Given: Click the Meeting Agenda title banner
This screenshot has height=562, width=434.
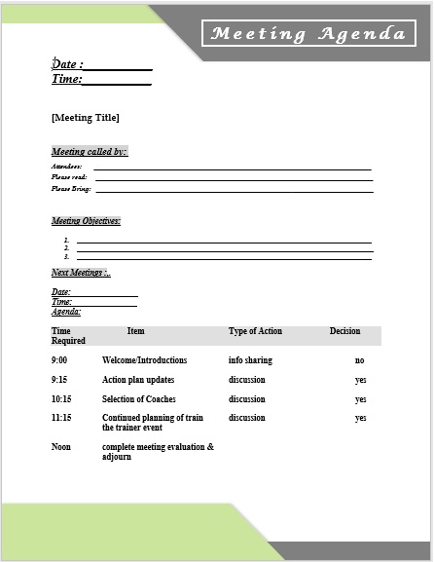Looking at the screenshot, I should click(307, 35).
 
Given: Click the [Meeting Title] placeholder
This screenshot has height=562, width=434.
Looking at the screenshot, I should click(85, 118).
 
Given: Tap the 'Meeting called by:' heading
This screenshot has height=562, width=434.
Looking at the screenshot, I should click(89, 152).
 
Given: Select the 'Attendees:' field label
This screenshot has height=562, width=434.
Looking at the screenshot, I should click(67, 168).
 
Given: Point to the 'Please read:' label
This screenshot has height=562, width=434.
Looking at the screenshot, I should click(69, 177).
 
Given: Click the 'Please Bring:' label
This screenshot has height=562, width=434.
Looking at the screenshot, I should click(70, 188).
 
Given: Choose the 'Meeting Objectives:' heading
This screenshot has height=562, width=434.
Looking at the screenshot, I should click(86, 221).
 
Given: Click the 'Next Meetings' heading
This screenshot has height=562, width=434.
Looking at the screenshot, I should click(81, 273).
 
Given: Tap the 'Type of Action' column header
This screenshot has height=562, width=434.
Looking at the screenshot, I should click(255, 331).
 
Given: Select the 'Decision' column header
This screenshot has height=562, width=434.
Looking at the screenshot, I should click(344, 331).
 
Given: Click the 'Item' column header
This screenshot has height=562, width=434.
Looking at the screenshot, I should click(135, 331).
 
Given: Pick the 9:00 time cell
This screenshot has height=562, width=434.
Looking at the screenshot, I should click(59, 360).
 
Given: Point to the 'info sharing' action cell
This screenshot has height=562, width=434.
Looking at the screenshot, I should click(250, 360).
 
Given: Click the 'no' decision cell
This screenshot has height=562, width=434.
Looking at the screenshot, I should click(359, 360).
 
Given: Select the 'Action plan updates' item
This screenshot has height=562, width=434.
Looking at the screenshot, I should click(138, 380).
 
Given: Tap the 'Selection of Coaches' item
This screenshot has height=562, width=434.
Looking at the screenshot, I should click(142, 399).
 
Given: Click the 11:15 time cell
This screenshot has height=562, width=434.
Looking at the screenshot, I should click(61, 418).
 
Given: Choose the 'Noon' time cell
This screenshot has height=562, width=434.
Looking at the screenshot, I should click(60, 447).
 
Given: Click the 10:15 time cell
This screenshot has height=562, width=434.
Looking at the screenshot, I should click(61, 399).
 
